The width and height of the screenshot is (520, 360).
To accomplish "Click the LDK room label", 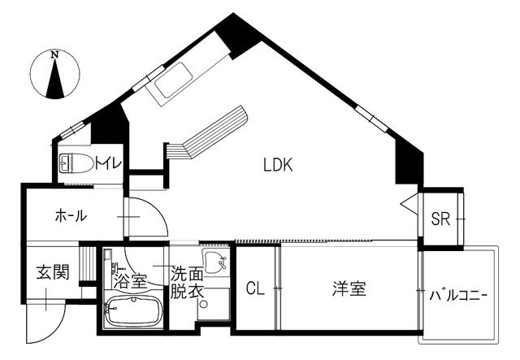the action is [278, 165].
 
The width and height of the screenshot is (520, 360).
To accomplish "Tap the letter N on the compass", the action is [54, 54].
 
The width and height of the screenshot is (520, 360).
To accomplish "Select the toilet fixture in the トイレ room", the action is [76, 163].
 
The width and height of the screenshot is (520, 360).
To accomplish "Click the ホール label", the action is [71, 215].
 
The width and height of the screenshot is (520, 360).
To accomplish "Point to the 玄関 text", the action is [53, 272].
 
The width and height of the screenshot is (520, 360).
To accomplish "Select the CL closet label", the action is [255, 288].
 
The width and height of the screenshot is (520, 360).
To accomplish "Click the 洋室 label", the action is [349, 288].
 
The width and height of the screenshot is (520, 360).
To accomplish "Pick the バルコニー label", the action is [458, 295].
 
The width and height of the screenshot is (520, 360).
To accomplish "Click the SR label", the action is [440, 219].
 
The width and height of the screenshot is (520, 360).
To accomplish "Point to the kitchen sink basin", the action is [174, 80].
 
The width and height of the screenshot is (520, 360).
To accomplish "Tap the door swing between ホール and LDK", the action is [157, 208].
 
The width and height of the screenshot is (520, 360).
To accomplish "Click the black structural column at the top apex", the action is [237, 36].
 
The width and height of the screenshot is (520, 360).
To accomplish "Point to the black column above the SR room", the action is [409, 163].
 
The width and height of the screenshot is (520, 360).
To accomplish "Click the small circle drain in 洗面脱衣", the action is [204, 304].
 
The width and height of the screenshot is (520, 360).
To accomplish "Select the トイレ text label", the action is [108, 163].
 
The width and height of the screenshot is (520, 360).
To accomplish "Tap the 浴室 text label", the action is [130, 282].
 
